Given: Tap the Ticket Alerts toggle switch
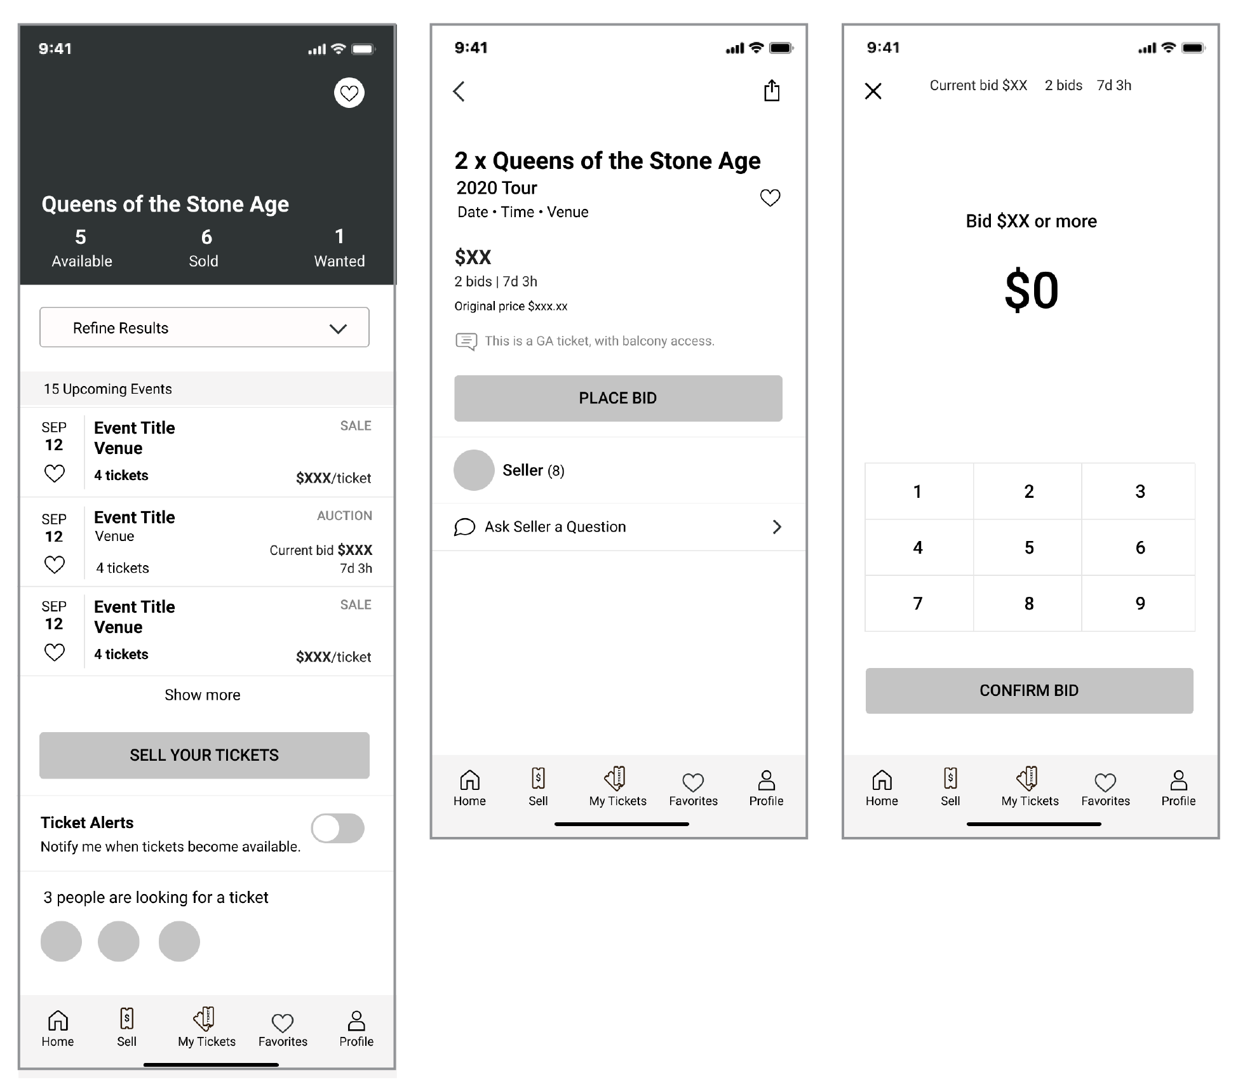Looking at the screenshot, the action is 337,828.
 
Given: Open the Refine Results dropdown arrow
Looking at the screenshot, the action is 338,328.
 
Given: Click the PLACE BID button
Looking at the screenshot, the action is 618,398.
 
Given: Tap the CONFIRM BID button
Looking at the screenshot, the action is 1029,690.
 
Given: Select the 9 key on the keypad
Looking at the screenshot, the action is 1140,603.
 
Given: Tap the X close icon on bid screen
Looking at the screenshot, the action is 873,91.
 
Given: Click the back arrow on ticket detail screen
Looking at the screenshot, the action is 459,91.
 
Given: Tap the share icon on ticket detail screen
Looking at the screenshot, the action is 772,90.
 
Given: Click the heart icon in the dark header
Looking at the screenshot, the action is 349,93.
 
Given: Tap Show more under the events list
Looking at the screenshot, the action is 203,695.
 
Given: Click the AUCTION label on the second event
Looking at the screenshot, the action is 345,516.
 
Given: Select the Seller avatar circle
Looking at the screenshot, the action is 474,470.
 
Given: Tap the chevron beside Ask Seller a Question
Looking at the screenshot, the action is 777,526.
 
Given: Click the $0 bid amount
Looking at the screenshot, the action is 1032,290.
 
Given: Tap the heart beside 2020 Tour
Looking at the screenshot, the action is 770,198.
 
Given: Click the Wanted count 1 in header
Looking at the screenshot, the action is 340,237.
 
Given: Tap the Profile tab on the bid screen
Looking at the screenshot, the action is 1178,789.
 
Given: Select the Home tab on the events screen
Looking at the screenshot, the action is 58,1029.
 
